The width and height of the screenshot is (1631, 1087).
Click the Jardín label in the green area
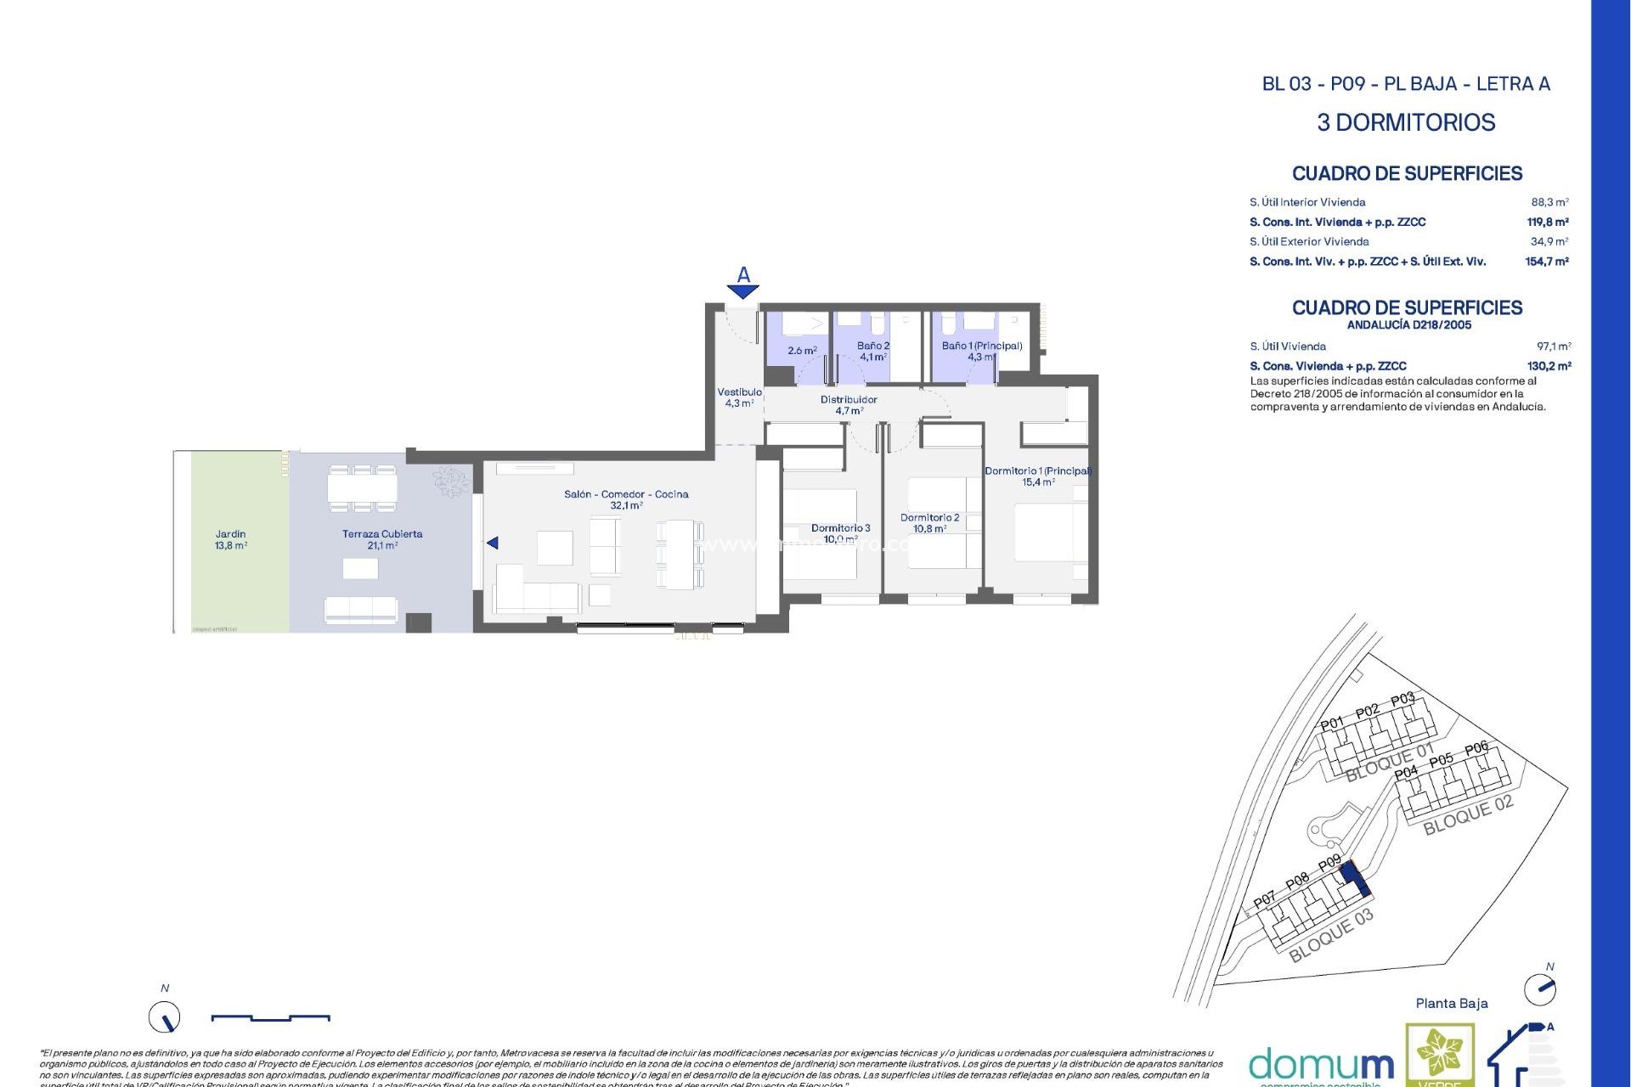point(230,535)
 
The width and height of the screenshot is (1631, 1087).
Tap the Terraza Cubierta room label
point(382,535)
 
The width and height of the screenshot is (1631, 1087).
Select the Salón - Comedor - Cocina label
point(626,494)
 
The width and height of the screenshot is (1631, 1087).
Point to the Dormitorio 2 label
point(929,518)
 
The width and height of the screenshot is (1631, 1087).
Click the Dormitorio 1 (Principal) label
point(1038,471)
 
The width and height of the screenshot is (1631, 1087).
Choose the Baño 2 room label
point(872,346)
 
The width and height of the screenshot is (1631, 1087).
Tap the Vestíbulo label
point(739,392)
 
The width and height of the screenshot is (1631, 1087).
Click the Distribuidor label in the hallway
point(849,400)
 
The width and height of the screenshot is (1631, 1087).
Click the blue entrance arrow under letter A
point(743,292)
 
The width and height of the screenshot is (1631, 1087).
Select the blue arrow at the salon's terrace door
point(492,543)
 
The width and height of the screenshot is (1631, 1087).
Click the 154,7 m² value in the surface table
point(1546,262)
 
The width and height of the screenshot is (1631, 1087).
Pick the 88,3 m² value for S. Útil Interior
point(1549,202)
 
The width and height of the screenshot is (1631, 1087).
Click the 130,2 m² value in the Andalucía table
point(1549,366)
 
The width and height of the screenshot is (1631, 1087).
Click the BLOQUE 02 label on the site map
point(1468,814)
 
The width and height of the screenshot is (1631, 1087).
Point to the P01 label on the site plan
point(1332,724)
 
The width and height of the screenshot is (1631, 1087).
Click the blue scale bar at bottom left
point(270,1017)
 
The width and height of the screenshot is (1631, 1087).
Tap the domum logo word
point(1321,1064)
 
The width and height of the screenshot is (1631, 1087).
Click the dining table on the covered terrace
point(362,488)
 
